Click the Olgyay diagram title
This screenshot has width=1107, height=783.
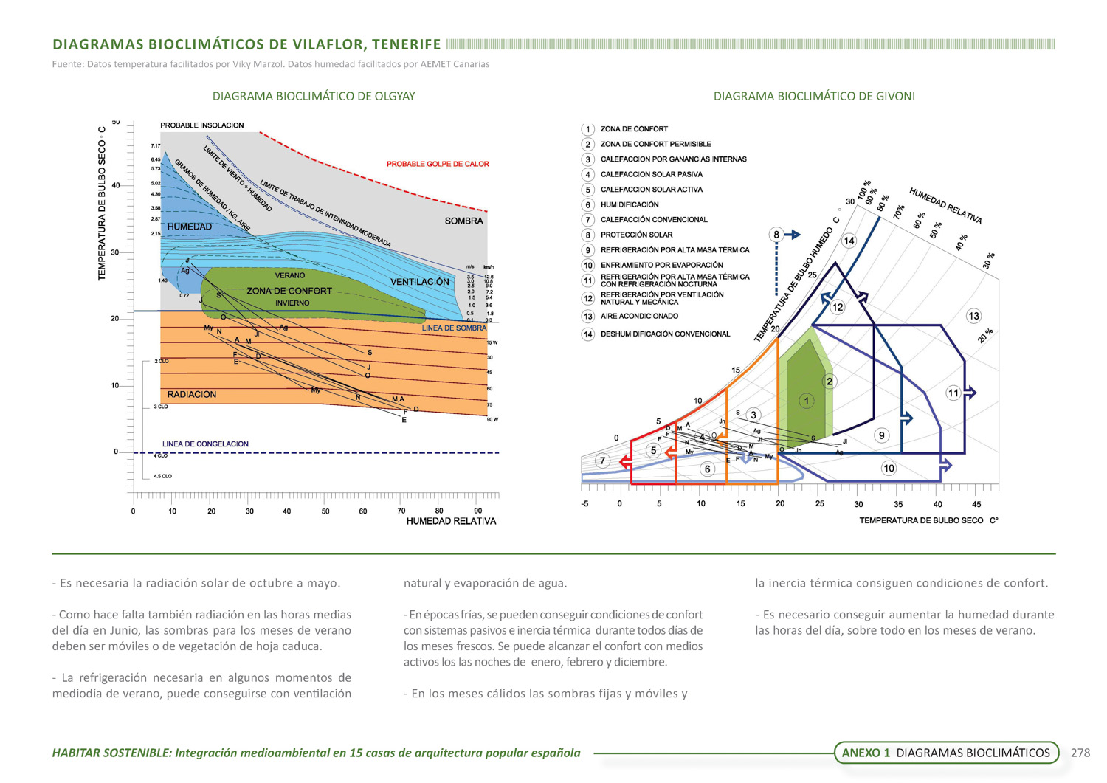coord(314,96)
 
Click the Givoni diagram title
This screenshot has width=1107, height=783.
coord(814,96)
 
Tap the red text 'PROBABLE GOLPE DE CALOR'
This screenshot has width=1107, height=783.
coord(438,164)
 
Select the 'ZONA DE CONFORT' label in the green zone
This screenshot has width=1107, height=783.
coord(289,291)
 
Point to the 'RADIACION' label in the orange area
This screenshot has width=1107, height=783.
coord(192,394)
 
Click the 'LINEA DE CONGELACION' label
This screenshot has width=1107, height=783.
coord(205,444)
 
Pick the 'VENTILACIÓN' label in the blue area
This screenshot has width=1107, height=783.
coord(420,282)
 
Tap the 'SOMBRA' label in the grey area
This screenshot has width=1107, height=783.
coord(463,221)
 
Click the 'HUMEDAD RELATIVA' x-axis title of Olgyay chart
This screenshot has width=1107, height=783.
coord(451,521)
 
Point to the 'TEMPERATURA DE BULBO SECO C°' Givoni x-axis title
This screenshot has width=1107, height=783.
coord(928,520)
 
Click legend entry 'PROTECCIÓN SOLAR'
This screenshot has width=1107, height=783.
coord(636,235)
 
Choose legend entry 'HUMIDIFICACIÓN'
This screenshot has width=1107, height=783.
coord(630,204)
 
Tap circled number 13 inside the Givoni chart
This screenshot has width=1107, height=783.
coord(973,316)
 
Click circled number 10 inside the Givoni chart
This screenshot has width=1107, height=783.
coord(889,468)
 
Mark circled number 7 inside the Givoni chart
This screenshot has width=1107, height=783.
coord(603,461)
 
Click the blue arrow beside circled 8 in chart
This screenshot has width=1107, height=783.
coord(792,235)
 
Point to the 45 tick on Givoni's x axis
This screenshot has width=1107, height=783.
coord(976,504)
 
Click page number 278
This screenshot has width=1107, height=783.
coord(1080,753)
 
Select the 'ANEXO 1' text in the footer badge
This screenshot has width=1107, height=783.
coord(866,753)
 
